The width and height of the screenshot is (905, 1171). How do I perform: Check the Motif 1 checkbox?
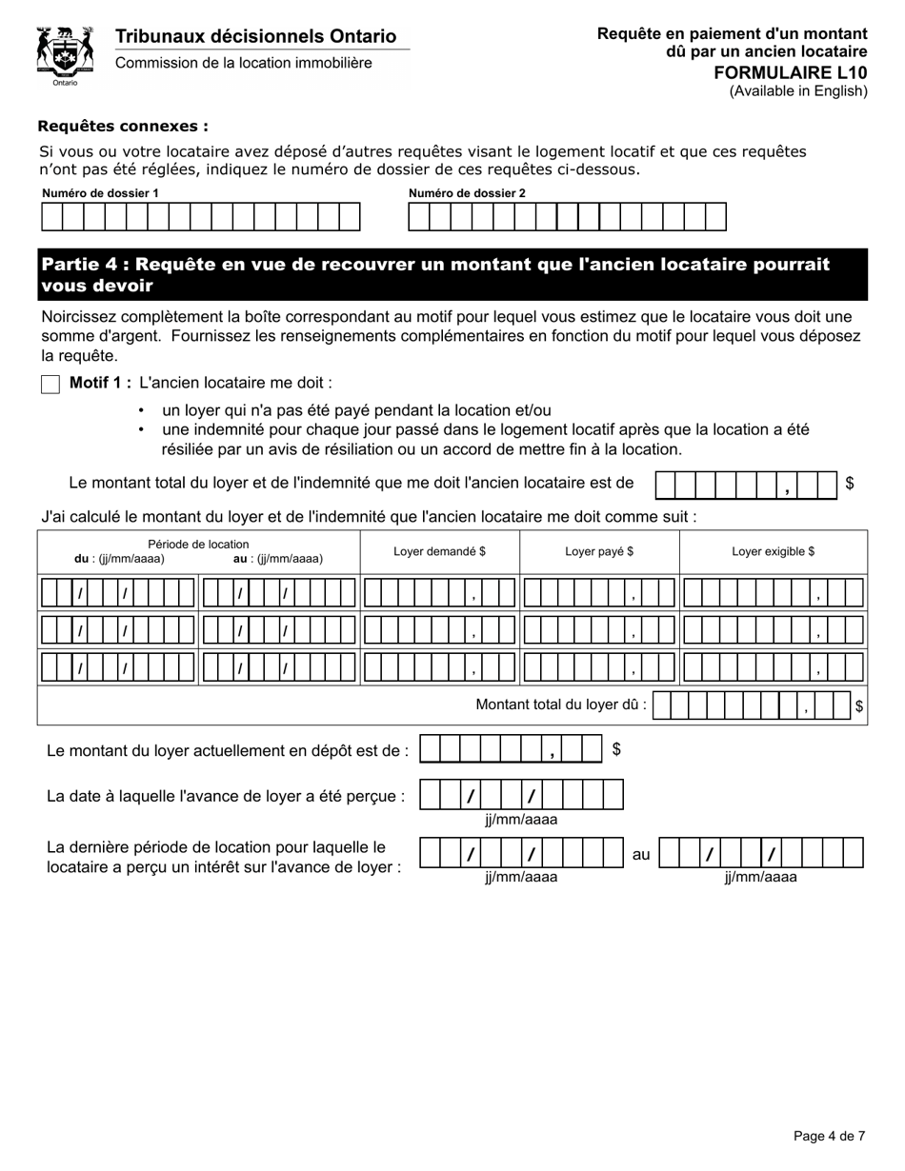point(50,385)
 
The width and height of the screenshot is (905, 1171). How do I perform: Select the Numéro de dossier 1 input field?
point(201,217)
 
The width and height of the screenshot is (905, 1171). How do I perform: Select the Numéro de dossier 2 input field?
point(567,217)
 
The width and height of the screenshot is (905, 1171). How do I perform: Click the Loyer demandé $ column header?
point(439,551)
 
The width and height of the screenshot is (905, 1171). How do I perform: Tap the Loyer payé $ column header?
point(599,551)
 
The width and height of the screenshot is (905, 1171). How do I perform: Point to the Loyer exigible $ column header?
point(773,551)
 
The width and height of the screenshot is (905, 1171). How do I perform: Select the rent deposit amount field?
point(511,750)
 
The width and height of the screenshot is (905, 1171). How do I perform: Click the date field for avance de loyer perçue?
point(521,795)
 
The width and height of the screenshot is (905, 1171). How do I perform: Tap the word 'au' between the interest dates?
point(641,855)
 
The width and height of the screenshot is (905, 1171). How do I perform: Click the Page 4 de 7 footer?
point(829,1136)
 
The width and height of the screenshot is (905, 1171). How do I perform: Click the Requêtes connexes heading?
point(123,126)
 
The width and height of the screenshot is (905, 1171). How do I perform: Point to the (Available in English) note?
point(798,91)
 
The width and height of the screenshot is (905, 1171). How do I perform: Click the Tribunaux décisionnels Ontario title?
point(255,36)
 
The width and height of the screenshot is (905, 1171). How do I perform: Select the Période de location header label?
point(198,545)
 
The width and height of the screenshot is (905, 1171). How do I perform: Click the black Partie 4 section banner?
point(452,275)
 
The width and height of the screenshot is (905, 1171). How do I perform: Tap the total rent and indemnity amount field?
point(746,485)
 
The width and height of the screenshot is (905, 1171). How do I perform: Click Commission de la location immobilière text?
point(244,63)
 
